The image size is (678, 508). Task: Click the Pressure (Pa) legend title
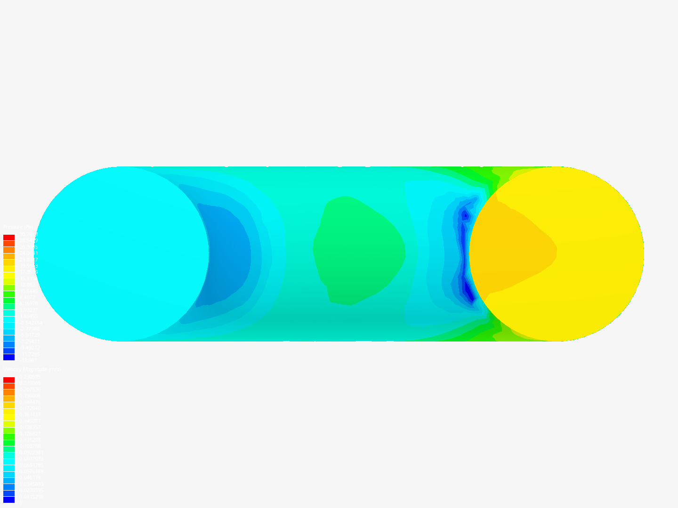tap(18, 227)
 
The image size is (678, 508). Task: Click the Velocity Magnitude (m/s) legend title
tap(32, 370)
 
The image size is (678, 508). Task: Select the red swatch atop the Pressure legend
tap(9, 238)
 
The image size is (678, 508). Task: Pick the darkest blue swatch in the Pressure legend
tap(9, 357)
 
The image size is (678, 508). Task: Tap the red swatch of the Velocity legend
tap(9, 380)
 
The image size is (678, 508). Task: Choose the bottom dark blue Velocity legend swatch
tap(9, 500)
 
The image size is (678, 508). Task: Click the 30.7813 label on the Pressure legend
tap(28, 234)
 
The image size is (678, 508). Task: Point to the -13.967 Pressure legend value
tap(28, 360)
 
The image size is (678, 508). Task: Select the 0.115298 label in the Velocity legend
tap(30, 440)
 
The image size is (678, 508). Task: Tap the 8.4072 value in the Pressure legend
tap(27, 297)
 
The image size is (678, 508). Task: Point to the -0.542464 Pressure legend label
tap(30, 323)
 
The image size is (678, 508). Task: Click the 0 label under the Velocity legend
tap(20, 502)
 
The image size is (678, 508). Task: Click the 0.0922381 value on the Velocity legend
tap(31, 452)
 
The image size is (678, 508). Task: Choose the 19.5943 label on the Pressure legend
tap(28, 266)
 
